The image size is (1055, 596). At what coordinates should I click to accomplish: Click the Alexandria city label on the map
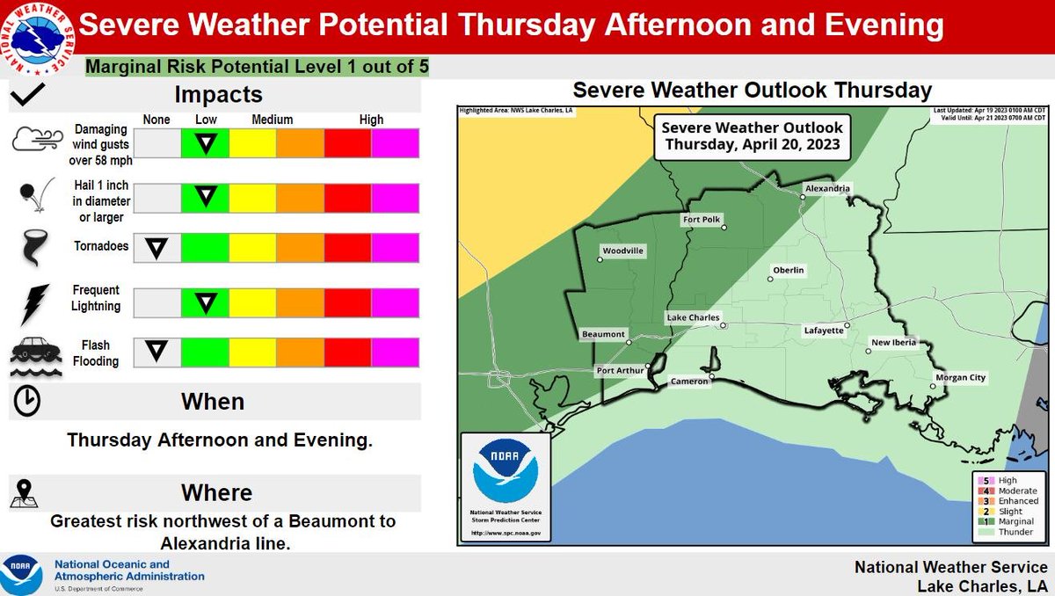(829, 188)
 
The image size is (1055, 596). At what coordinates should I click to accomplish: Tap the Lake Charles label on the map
(693, 317)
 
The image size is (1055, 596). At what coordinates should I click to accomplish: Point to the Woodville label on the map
(622, 251)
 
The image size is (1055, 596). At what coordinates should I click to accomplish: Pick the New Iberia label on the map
(893, 342)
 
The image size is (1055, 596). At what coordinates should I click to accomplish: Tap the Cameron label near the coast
(688, 382)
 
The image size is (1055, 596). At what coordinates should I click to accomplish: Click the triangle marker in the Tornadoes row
(156, 248)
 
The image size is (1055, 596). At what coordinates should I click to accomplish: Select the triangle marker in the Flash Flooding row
(156, 352)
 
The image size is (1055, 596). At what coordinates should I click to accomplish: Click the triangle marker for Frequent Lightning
(206, 303)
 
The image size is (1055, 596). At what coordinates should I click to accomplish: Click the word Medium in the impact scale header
(272, 120)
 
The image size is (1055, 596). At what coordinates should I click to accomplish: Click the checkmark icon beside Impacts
(28, 93)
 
